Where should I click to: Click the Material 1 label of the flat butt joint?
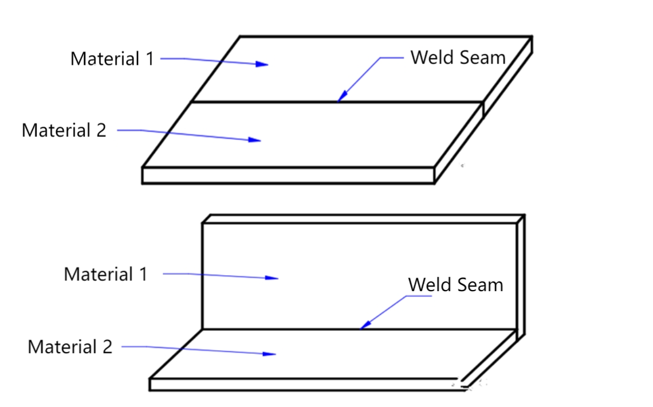click(112, 58)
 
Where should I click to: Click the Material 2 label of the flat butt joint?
click(64, 130)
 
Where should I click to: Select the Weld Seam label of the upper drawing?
click(458, 57)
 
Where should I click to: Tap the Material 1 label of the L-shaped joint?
click(105, 274)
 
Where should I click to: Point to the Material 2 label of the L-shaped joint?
click(70, 347)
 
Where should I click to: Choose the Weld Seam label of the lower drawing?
click(455, 285)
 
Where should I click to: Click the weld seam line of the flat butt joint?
click(286, 103)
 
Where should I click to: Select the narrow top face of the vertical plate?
click(361, 219)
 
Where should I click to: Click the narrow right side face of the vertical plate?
click(521, 275)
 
